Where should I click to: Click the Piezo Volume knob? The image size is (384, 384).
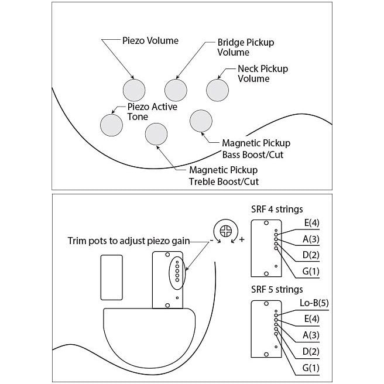(x=134, y=90)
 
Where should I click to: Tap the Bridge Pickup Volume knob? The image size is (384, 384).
(x=176, y=90)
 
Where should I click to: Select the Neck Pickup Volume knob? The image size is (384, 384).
(x=218, y=90)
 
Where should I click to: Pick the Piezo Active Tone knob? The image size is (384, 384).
(x=111, y=125)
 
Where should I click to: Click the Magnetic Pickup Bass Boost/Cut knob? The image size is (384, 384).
(x=201, y=121)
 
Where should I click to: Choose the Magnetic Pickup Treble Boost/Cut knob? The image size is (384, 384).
(x=156, y=134)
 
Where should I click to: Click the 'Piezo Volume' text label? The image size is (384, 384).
(x=150, y=40)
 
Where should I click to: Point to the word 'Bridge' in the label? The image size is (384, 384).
(x=231, y=42)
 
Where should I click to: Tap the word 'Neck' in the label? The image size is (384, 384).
(x=248, y=68)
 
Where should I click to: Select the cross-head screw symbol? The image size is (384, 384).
(x=226, y=231)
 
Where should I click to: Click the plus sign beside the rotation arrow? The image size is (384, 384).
(x=242, y=239)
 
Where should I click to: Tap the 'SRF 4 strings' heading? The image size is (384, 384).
(x=277, y=210)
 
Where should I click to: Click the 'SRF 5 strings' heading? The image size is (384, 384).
(x=277, y=290)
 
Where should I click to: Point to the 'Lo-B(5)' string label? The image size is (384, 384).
(x=314, y=303)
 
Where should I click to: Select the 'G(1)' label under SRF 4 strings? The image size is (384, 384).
(x=311, y=271)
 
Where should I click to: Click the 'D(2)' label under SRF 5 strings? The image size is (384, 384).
(x=311, y=351)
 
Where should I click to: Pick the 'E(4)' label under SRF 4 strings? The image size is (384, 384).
(x=312, y=223)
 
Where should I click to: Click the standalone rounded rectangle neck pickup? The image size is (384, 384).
(x=112, y=277)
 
